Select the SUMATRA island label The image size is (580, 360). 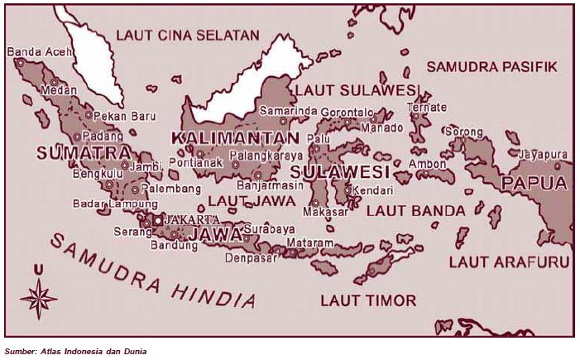tap(83, 153)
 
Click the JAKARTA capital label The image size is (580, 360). tap(193, 219)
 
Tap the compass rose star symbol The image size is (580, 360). tap(38, 295)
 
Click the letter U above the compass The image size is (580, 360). tap(38, 269)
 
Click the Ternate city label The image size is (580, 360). tap(426, 108)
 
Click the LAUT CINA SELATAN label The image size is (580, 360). tap(187, 36)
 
